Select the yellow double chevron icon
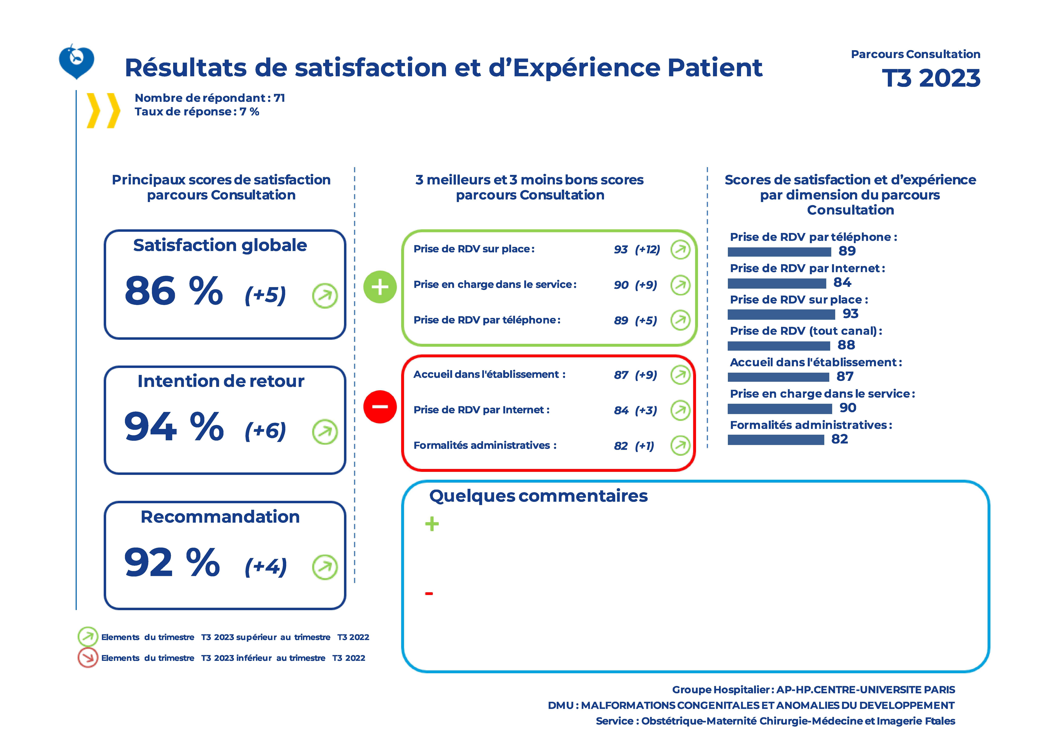[103, 111]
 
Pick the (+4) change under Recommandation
[265, 567]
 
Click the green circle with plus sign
[380, 287]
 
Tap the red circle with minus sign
[380, 407]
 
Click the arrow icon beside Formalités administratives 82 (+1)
[680, 446]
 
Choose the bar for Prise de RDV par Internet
[777, 283]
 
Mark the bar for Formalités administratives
[776, 440]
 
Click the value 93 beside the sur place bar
[850, 314]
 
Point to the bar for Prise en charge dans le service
[779, 409]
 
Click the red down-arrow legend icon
[87, 657]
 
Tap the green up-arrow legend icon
[87, 637]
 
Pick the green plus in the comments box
[432, 524]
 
